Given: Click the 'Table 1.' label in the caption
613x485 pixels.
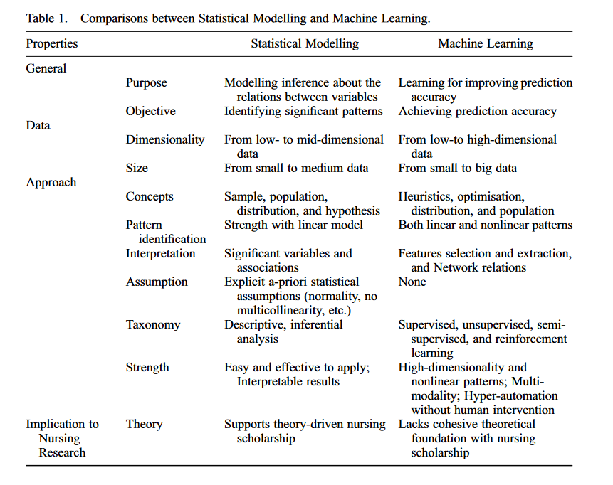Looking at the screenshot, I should pyautogui.click(x=47, y=18).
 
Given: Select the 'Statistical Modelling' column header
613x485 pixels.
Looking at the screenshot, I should pyautogui.click(x=305, y=44).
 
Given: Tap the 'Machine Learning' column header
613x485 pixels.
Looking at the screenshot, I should pyautogui.click(x=486, y=44).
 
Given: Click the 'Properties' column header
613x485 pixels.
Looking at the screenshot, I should pyautogui.click(x=52, y=44).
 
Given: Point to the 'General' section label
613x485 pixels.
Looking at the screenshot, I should pyautogui.click(x=46, y=68).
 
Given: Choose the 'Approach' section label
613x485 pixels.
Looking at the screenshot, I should pyautogui.click(x=51, y=182).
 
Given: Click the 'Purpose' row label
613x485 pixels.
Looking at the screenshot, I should pyautogui.click(x=147, y=82).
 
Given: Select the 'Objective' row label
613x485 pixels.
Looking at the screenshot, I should pyautogui.click(x=151, y=111).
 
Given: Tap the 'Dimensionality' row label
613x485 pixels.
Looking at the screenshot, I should pyautogui.click(x=165, y=139).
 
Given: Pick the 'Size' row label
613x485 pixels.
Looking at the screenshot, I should pyautogui.click(x=137, y=168).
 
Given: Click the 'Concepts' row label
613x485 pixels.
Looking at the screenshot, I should pyautogui.click(x=150, y=196).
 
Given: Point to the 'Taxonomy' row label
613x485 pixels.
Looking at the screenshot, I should pyautogui.click(x=153, y=324).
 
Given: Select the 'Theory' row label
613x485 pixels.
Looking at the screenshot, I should pyautogui.click(x=145, y=424).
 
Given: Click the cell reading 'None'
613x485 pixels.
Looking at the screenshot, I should pyautogui.click(x=412, y=282).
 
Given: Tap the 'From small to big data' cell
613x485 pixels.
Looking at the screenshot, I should pyautogui.click(x=458, y=168).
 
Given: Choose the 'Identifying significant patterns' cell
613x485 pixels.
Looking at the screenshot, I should pyautogui.click(x=304, y=111).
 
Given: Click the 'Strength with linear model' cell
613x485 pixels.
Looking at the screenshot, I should pyautogui.click(x=294, y=225).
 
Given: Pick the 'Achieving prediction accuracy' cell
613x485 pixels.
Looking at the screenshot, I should pyautogui.click(x=478, y=111).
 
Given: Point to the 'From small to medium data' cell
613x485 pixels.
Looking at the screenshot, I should pyautogui.click(x=297, y=168).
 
